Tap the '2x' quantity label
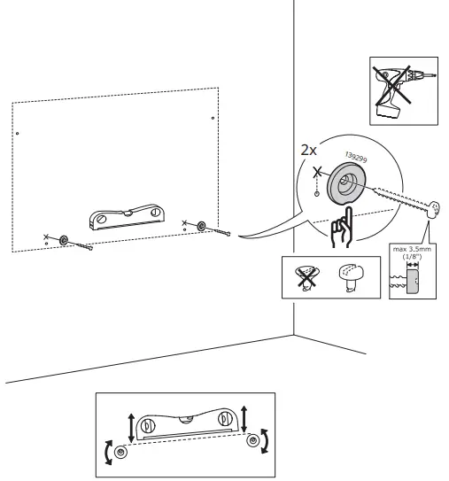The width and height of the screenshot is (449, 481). tap(309, 151)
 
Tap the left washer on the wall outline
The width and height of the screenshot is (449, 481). tap(63, 240)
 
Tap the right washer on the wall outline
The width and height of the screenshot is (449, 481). tap(202, 227)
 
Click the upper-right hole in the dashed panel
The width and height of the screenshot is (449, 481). tap(211, 117)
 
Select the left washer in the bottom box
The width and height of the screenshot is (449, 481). tap(122, 451)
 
